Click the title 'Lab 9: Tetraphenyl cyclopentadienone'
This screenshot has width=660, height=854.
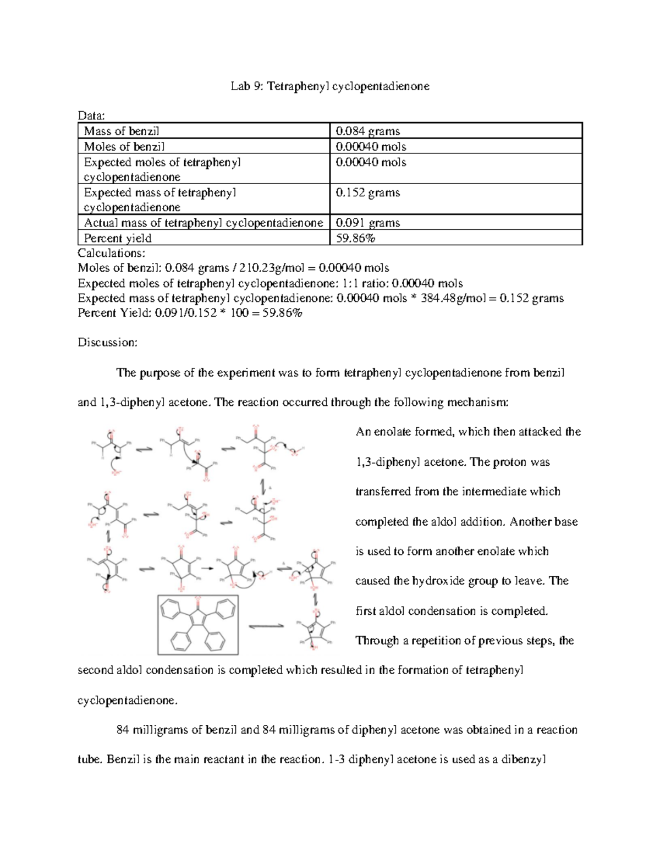coord(330,86)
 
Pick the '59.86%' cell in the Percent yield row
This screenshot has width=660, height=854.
coord(355,238)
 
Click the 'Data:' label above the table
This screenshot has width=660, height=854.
coord(91,115)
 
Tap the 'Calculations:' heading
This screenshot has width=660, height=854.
coord(112,253)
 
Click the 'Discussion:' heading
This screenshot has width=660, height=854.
coord(107,343)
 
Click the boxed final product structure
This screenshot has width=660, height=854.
coord(198,625)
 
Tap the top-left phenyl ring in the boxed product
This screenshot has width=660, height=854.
coord(169,609)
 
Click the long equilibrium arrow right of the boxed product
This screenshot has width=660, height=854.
coord(266,626)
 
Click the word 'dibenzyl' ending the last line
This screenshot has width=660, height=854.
coord(522,760)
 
